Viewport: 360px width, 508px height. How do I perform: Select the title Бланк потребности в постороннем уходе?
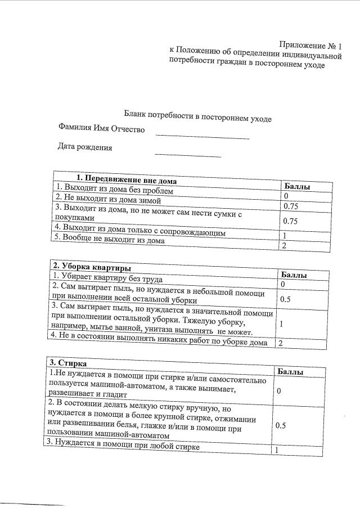point(198,115)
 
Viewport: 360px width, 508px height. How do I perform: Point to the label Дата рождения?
point(85,148)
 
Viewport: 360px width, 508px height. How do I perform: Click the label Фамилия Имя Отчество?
point(101,129)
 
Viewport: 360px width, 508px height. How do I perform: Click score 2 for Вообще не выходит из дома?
point(285,246)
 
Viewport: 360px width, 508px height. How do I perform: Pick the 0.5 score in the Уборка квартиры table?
point(285,299)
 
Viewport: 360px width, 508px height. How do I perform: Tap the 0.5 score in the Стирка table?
point(281,425)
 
